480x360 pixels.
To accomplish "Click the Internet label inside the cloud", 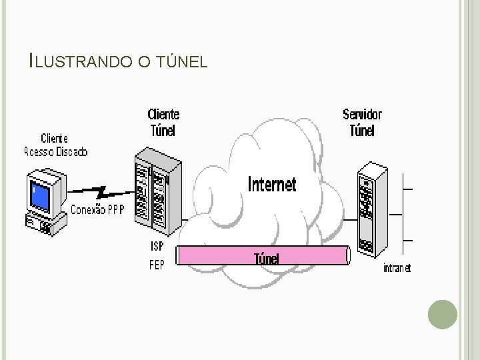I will [x=271, y=184].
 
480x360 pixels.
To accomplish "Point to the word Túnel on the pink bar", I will [x=267, y=258].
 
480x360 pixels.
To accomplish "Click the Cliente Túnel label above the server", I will [x=163, y=123].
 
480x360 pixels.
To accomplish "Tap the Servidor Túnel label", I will [x=362, y=122].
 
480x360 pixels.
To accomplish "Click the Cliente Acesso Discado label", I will [x=55, y=145].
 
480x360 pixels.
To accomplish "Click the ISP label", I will [x=156, y=247].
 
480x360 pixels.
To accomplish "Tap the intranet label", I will [x=397, y=268].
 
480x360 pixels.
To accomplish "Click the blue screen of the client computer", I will [x=41, y=195].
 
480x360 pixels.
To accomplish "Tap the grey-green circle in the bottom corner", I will [x=442, y=314].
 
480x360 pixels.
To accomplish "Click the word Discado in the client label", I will [x=71, y=152].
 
